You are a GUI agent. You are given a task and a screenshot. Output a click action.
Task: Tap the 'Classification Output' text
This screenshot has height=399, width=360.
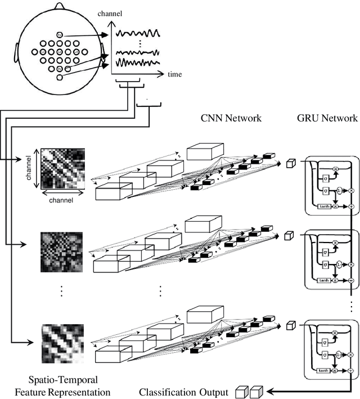pyautogui.click(x=183, y=392)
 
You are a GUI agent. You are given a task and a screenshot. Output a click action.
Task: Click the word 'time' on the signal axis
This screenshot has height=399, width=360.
pyautogui.click(x=175, y=74)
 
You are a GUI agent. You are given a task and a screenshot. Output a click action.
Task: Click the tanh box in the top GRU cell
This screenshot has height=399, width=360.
pyautogui.click(x=324, y=207)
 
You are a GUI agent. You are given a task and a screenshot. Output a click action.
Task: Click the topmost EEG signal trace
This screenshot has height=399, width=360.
pyautogui.click(x=138, y=33)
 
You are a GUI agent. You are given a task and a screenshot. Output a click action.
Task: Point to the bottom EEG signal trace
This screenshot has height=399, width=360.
pyautogui.click(x=138, y=62)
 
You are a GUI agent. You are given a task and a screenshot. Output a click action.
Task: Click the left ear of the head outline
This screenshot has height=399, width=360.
pyautogui.click(x=12, y=54)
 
